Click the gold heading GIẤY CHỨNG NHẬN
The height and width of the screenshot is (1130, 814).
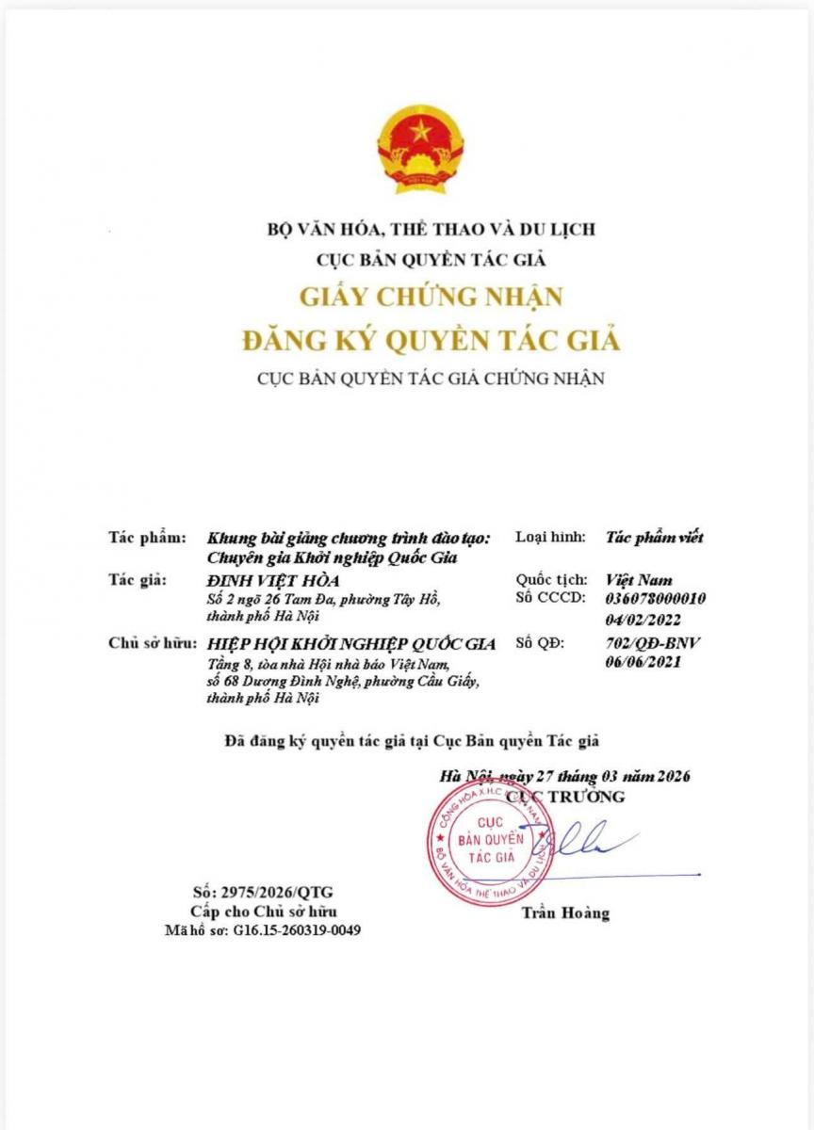(431, 296)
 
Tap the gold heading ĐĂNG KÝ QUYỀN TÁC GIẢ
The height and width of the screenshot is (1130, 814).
(431, 339)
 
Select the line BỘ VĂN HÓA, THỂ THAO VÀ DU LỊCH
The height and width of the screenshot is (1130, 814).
(431, 229)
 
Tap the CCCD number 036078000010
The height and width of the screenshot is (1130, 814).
(657, 599)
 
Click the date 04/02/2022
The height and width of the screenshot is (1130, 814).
(647, 620)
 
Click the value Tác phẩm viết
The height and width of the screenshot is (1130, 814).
(655, 539)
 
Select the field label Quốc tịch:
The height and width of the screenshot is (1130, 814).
(551, 580)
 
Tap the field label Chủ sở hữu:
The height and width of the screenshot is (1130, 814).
(151, 644)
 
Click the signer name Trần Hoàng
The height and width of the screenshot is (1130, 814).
(565, 912)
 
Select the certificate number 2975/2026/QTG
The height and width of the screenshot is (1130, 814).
(263, 892)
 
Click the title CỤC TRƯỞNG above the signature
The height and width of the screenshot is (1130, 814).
(565, 797)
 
